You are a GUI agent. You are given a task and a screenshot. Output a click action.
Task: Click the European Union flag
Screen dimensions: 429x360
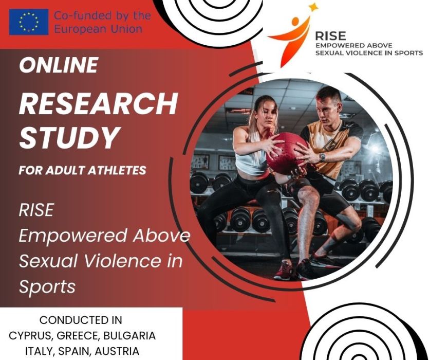[x=29, y=22]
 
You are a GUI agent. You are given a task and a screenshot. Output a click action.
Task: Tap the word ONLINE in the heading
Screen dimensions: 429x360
[x=59, y=65]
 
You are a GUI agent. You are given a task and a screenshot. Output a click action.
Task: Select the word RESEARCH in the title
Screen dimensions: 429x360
[x=99, y=103]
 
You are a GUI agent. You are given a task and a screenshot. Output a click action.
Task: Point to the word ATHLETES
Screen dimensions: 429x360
[x=118, y=170]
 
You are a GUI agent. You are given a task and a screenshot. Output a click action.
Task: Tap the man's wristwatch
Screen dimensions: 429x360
[x=322, y=157]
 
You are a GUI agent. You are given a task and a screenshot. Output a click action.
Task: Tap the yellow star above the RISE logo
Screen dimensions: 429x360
[x=313, y=7]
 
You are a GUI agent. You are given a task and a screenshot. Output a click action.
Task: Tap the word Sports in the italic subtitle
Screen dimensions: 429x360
[x=47, y=287]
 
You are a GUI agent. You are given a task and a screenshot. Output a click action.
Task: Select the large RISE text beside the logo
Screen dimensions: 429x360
[x=330, y=36]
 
